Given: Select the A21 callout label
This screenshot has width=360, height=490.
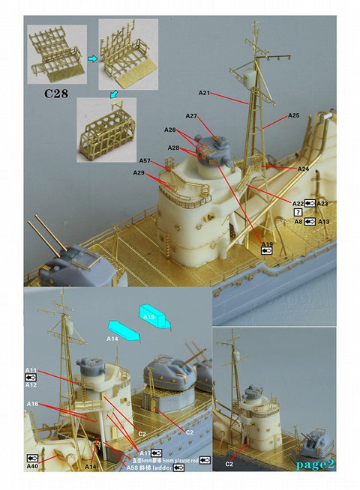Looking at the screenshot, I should [x=204, y=93].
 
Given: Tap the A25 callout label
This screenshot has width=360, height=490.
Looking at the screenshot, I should [x=293, y=116].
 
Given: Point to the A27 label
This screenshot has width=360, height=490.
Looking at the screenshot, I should [x=191, y=116].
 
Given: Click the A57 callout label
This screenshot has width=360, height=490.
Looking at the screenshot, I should [x=145, y=161].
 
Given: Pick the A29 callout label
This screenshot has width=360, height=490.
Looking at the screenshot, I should [x=139, y=173].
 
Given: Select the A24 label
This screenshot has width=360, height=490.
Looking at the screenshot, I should [x=303, y=169].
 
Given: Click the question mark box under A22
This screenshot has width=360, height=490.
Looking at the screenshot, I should [x=298, y=213].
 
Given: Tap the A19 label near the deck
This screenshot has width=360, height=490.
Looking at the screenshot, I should [x=267, y=245].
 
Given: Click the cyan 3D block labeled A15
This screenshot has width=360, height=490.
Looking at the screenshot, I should [x=154, y=315].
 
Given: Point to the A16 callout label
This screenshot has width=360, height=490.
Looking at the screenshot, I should [x=32, y=404].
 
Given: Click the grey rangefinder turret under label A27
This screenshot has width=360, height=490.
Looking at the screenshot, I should [x=211, y=147].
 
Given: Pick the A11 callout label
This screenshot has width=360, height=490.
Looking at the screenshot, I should [x=31, y=370].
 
